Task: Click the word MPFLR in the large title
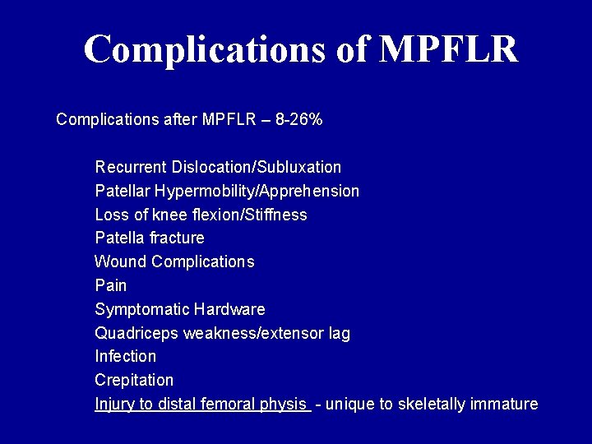449,49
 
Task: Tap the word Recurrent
131,168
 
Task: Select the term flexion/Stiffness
257,215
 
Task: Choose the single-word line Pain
111,286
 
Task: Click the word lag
340,334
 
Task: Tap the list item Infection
125,357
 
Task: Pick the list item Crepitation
134,381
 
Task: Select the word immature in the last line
506,405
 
